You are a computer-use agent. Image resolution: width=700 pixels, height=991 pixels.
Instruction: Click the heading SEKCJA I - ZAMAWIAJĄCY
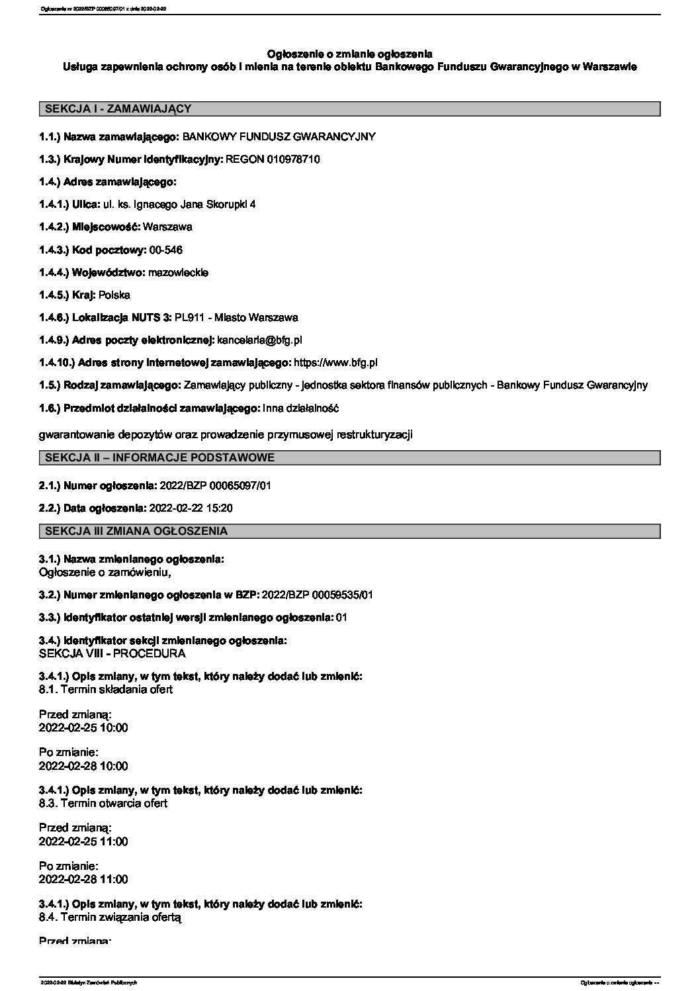117,109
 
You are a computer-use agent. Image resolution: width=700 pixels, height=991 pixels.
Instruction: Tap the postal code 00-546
166,250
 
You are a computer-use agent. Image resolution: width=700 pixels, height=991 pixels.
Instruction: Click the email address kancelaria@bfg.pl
259,340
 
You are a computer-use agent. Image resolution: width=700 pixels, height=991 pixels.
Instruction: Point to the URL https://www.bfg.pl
335,363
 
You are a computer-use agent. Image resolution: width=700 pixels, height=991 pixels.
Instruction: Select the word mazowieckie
179,272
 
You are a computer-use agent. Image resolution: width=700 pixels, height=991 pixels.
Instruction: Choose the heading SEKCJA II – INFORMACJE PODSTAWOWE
159,457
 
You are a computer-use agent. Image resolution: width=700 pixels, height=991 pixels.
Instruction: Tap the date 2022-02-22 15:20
192,508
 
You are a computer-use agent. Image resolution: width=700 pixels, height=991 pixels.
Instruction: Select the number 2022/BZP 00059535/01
318,594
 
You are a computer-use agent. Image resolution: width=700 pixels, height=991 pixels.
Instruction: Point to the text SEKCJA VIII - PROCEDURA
112,653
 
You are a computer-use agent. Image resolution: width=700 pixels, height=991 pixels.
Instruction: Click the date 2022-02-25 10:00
83,728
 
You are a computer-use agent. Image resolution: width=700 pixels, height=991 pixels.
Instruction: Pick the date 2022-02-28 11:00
83,879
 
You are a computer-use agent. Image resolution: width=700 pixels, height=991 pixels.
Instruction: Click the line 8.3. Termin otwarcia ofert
103,803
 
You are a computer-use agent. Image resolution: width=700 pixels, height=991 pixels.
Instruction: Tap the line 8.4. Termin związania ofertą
110,917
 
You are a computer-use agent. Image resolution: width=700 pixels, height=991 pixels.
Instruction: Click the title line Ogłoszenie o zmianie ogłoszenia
349,53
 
